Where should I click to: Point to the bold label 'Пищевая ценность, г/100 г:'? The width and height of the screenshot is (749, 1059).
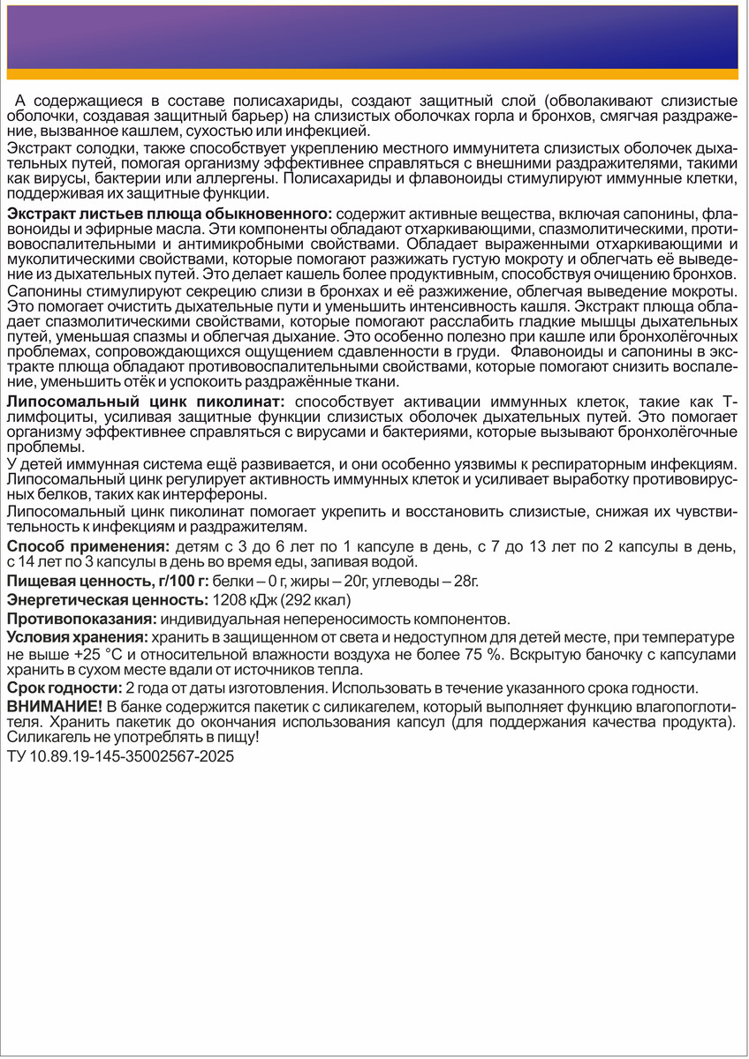107,580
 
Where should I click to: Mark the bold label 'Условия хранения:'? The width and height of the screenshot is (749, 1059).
76,636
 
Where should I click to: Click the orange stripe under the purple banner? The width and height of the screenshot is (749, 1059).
374,74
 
